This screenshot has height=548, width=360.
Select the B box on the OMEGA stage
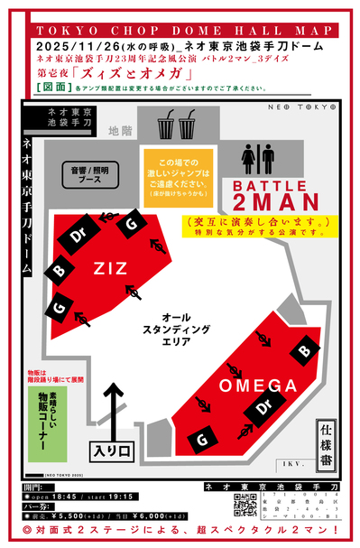pos(304,350)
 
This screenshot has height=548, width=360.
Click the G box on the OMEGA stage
pos(203,439)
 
